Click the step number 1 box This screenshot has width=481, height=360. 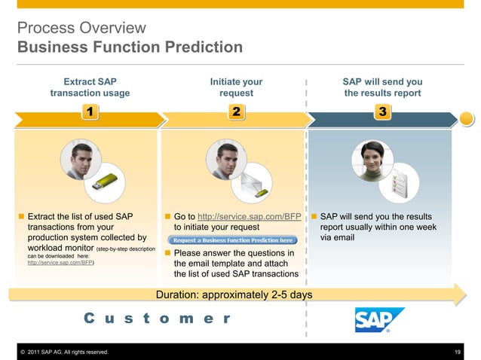pos(90,112)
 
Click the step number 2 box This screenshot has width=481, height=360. pos(236,112)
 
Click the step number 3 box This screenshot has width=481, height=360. pos(382,112)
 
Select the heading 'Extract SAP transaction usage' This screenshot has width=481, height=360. pos(90,87)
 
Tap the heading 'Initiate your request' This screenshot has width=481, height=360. pos(236,87)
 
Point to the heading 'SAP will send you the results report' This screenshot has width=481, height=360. pos(382,87)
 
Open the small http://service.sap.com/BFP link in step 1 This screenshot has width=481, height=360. pos(60,263)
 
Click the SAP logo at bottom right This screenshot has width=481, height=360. pos(379,319)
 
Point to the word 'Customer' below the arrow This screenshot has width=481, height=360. pos(158,319)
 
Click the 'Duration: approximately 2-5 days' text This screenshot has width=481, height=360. pos(234,294)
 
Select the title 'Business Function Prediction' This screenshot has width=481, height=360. pos(130,48)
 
